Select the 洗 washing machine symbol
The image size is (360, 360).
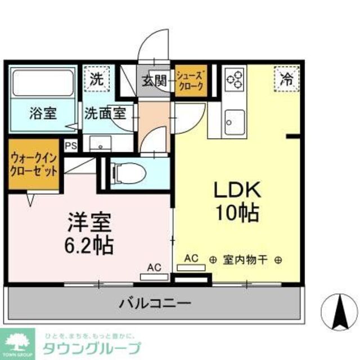click(97, 79)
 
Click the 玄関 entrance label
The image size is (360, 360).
click(153, 80)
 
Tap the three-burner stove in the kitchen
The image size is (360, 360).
click(235, 79)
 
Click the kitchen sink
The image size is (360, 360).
click(233, 119)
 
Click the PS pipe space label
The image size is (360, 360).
click(71, 145)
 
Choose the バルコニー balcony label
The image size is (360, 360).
click(154, 304)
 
